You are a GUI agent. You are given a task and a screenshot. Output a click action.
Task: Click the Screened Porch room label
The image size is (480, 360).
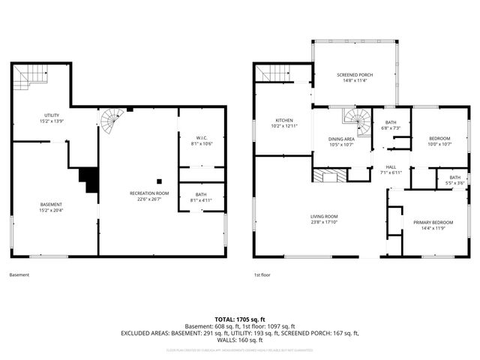click(x=355, y=75)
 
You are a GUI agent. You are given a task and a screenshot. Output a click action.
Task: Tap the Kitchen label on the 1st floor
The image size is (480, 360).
click(x=283, y=120)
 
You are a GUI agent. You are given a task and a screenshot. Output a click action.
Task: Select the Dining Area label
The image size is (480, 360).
click(x=340, y=139)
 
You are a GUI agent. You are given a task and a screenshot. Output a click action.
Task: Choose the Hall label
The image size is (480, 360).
click(x=391, y=166)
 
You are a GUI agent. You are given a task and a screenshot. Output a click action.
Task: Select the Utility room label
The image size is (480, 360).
click(x=51, y=115)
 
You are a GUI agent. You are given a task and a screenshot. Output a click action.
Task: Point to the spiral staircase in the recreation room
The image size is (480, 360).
click(x=114, y=117)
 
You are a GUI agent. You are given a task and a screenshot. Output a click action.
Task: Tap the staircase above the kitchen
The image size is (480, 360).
click(x=273, y=73)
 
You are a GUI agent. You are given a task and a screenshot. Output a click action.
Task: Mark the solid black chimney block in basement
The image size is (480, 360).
click(x=89, y=179)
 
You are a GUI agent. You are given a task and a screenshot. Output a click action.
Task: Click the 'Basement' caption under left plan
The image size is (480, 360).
click(x=19, y=275)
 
